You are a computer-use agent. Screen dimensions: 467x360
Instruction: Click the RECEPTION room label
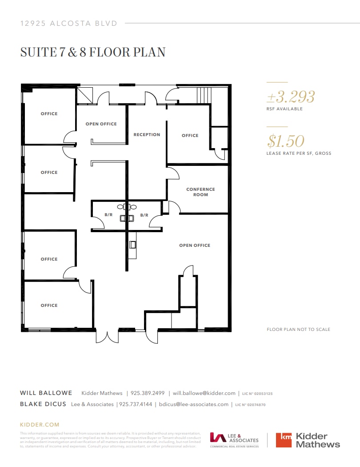pos(147,135)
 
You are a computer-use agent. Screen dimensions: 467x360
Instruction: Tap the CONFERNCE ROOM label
pos(200,192)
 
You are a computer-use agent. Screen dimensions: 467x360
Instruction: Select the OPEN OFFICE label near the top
pos(101,124)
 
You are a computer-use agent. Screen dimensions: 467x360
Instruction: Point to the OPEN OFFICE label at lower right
pos(195,246)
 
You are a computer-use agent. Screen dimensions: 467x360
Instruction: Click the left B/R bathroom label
pos(108,215)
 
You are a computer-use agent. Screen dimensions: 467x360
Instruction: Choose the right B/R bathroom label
pos(144,215)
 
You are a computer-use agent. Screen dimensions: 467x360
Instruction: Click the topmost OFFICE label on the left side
pos(49,114)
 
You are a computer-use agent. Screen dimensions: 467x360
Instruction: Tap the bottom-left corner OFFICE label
pos(49,306)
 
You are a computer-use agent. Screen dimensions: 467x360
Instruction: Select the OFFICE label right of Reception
pos(190,136)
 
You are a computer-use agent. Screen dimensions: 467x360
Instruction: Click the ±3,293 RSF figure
pos(291,97)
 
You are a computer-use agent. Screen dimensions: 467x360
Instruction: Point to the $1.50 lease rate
pos(286,141)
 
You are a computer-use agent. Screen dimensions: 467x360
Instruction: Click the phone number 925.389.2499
pos(148,393)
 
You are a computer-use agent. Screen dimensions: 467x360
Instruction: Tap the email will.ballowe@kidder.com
pos(204,393)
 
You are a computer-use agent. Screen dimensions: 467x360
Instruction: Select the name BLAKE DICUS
pos(43,404)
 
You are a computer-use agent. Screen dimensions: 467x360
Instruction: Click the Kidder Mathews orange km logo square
pos(284,440)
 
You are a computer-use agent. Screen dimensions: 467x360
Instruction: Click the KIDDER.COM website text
pos(40,425)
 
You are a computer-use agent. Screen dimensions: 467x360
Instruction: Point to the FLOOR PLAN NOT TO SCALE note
pos(298,330)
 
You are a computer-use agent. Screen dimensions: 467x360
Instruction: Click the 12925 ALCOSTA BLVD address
pos(69,23)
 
